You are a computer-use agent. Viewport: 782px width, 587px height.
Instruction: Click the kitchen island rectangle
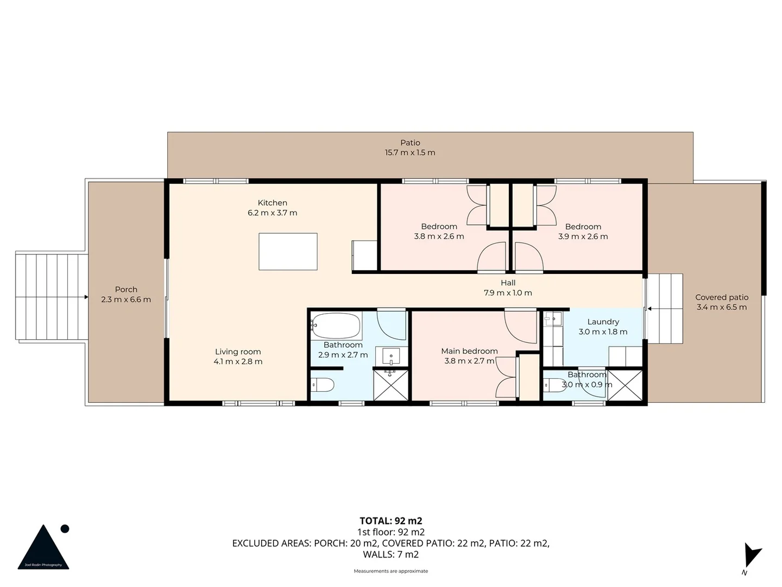288,251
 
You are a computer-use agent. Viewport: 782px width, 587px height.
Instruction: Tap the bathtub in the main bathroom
337,326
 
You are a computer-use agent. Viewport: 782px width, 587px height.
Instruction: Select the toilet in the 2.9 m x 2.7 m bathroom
323,385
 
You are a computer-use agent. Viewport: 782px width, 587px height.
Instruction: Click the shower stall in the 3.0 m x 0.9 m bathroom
625,385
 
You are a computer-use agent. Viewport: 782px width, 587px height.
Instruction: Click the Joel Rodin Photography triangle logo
43,548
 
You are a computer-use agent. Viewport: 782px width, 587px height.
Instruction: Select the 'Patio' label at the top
410,143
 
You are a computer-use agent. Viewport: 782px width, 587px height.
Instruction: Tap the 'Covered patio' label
722,297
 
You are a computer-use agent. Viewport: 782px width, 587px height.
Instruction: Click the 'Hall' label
508,283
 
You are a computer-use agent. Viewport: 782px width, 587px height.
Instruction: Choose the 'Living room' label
238,352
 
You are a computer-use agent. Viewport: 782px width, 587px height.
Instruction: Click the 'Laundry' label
603,322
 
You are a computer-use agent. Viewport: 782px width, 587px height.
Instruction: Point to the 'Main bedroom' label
469,351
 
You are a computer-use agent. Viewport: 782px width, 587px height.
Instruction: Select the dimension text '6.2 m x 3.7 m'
272,213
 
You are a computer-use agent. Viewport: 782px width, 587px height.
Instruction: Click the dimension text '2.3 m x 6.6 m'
126,299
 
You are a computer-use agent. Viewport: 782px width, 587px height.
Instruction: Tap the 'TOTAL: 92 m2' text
390,521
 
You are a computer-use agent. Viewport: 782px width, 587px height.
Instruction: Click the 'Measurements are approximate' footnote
390,571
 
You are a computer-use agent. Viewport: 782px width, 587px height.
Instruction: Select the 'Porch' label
126,290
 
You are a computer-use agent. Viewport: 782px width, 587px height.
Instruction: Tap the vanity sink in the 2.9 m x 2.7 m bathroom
391,357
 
